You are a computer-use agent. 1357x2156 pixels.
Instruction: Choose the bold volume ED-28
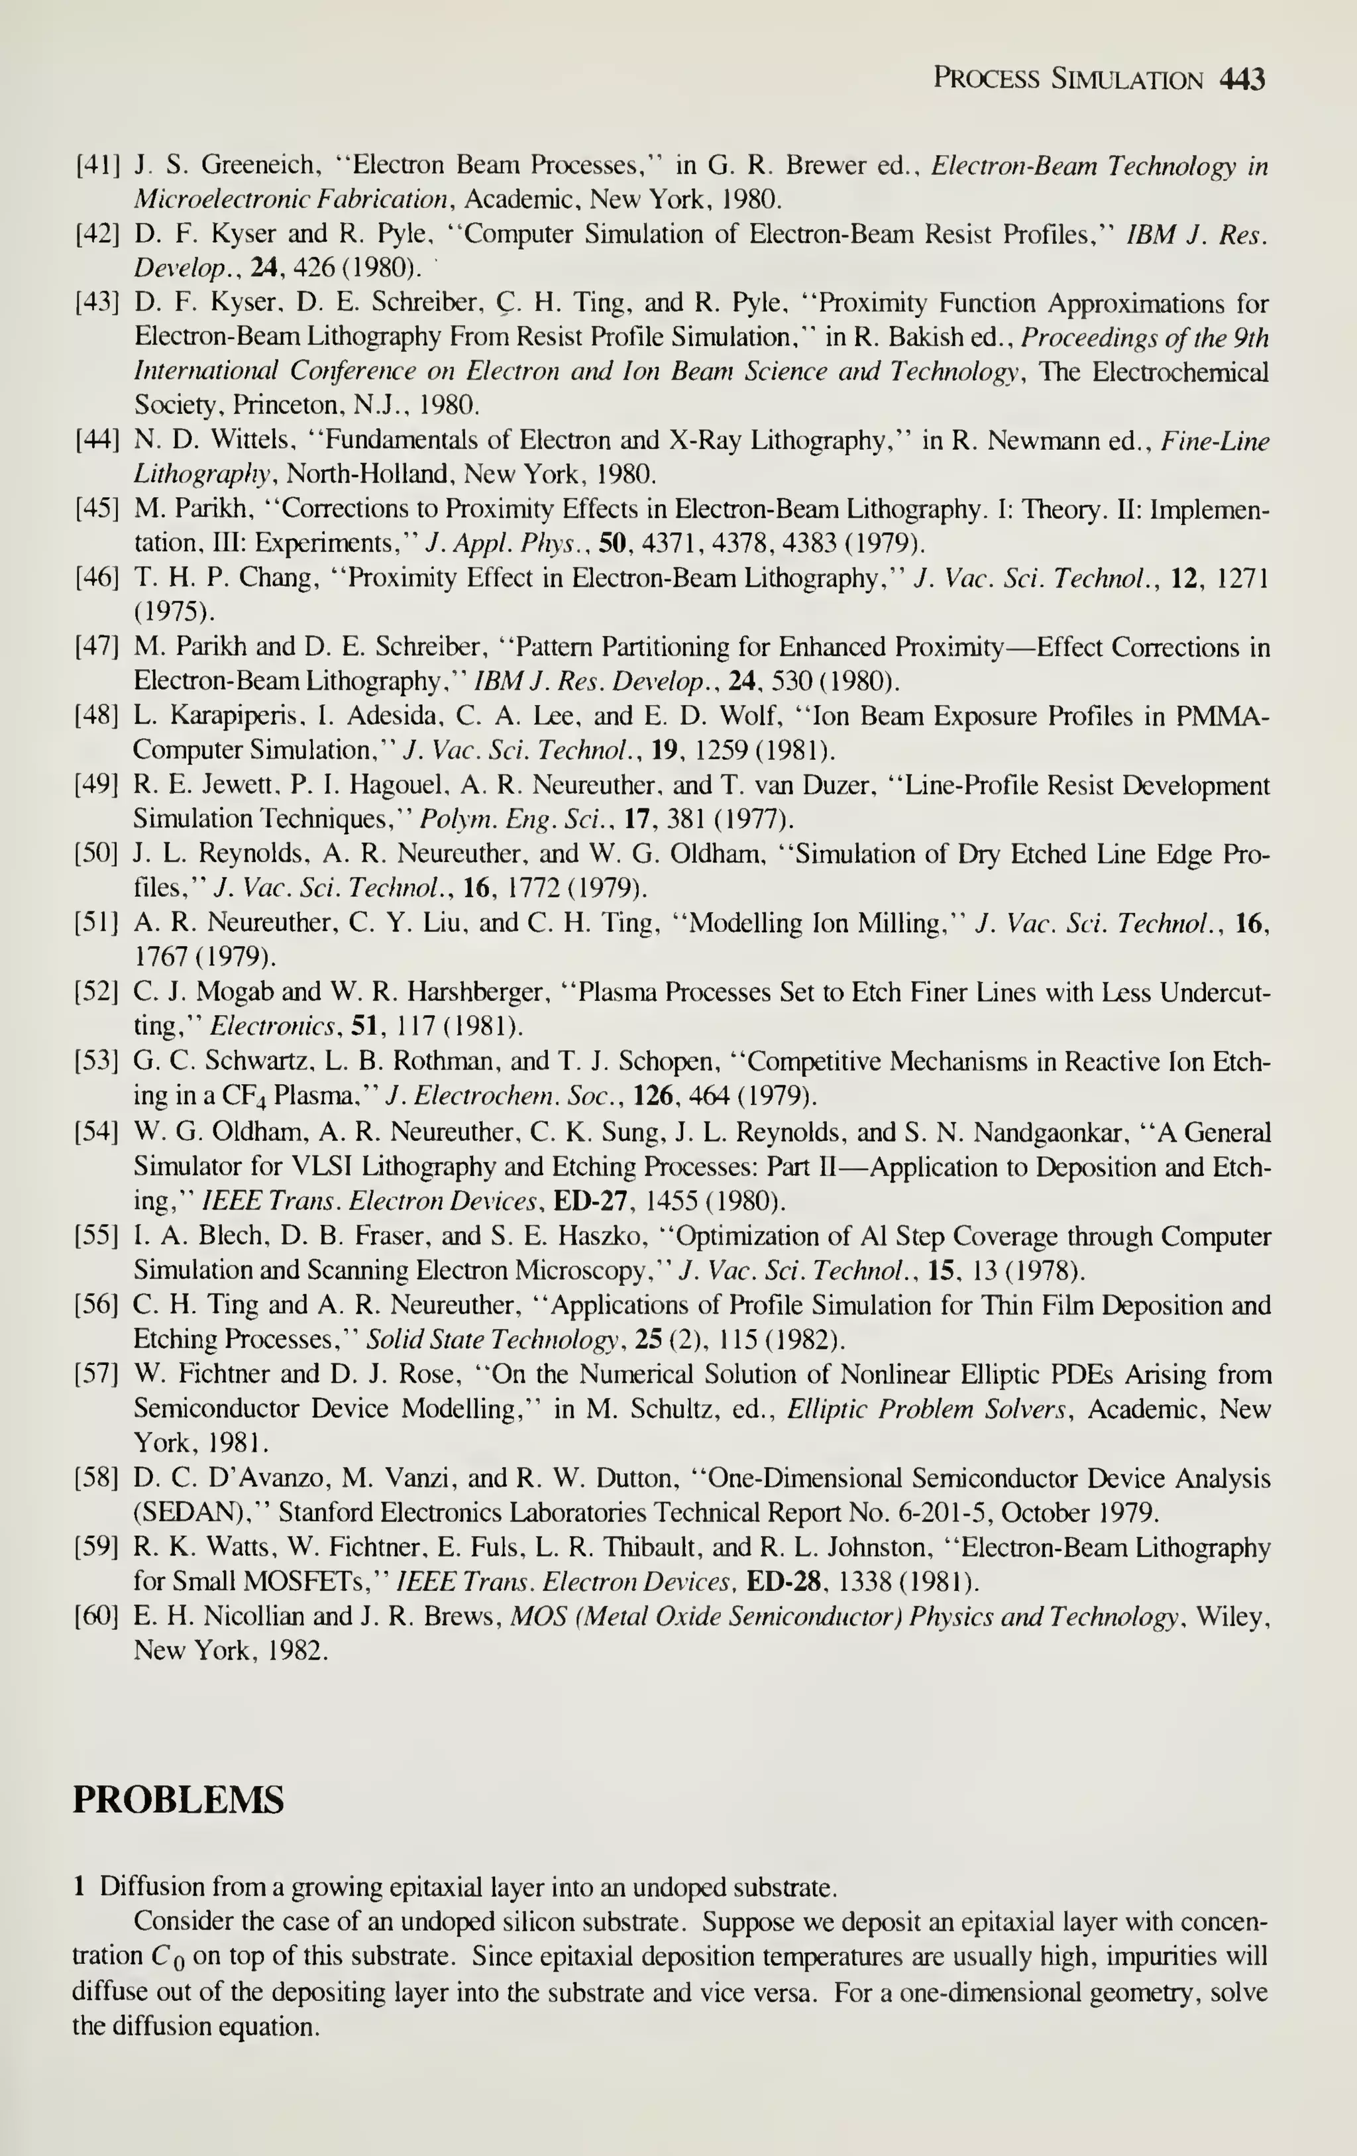(783, 1582)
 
